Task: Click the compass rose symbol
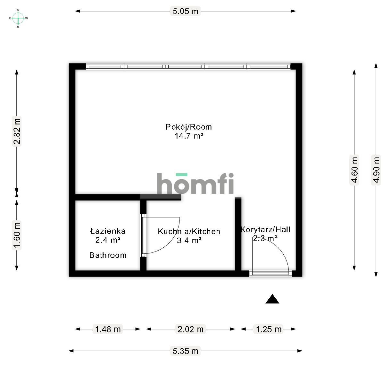[18, 18]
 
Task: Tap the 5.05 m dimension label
[185, 11]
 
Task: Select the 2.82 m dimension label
[17, 132]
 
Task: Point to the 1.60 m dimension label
[17, 235]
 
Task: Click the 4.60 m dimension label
[354, 170]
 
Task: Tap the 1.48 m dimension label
[108, 329]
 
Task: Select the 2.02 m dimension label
[191, 329]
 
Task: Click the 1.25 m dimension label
[269, 329]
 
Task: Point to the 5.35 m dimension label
[185, 351]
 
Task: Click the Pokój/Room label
[188, 127]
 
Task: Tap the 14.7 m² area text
[189, 136]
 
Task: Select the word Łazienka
[108, 231]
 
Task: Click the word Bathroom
[108, 255]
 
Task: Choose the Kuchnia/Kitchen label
[189, 231]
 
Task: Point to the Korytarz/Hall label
[266, 229]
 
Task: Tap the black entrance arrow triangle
[272, 299]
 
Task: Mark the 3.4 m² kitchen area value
[189, 240]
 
